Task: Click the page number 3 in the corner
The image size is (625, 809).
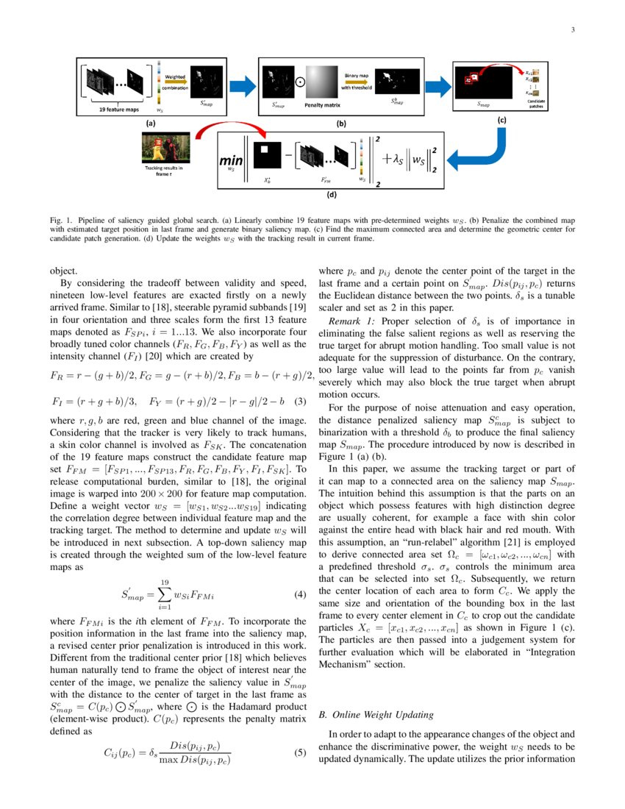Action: [572, 29]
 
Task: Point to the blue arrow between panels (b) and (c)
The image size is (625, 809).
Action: [440, 87]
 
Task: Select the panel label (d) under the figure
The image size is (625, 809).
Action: [333, 196]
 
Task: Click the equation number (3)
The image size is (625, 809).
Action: [299, 402]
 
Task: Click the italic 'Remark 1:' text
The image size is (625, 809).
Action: [352, 321]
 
